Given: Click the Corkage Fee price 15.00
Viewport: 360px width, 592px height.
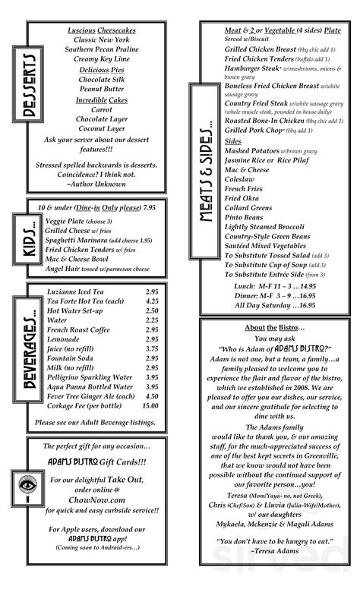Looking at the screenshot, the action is (x=150, y=406).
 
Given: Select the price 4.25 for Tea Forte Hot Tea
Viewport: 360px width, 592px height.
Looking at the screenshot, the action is (x=151, y=301).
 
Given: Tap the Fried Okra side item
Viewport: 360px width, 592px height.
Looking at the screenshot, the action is (x=242, y=198).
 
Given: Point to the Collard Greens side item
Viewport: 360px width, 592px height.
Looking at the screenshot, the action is (x=249, y=208).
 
